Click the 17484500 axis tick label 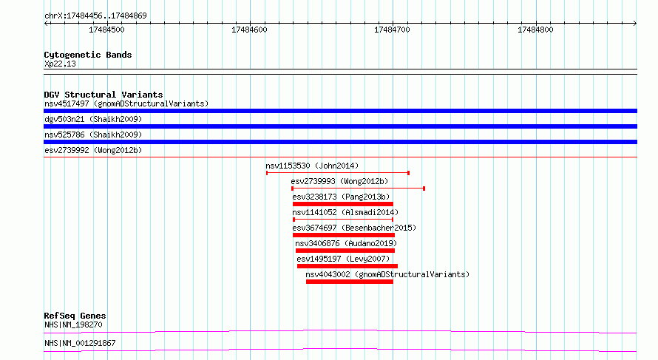point(106,30)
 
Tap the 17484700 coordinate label point(392,30)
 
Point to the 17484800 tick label point(535,30)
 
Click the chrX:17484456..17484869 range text point(95,16)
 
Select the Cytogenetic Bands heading point(88,55)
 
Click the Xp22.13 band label point(60,64)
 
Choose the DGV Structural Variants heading point(104,95)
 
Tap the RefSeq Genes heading point(75,316)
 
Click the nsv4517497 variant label point(67,103)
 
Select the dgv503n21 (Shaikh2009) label point(93,119)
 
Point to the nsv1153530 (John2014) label point(312,166)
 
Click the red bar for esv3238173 point(343,204)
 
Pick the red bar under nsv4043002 point(350,282)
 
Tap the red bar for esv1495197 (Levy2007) point(347,266)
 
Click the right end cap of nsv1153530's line point(408,173)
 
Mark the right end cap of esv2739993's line point(424,189)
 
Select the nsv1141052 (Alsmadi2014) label point(345,212)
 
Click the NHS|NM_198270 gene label point(73,325)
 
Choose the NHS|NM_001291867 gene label point(80,343)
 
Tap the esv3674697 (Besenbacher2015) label point(354,228)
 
